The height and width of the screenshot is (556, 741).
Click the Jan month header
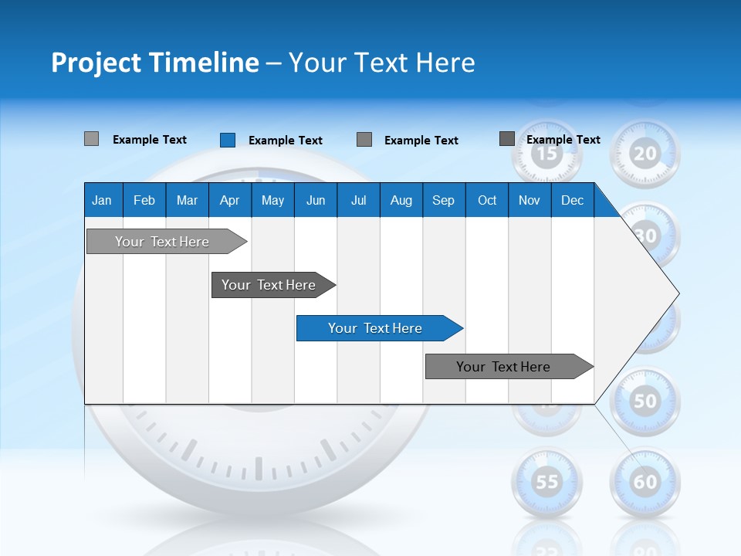point(102,200)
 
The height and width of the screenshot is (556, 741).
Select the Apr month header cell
point(229,200)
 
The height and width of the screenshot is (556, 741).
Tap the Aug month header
point(401,200)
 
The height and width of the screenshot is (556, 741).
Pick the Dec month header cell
point(572,200)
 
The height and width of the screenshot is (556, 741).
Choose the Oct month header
point(487,200)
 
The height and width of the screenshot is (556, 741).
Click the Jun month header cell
point(316,200)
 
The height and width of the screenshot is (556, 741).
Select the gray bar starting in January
point(162,242)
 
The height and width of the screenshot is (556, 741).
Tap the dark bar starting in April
point(269,285)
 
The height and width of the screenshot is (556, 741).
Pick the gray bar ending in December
point(503,367)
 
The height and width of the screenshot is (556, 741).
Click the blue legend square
point(228,140)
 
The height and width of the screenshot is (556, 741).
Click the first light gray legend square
point(91,139)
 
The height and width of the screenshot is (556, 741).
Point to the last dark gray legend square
point(507,139)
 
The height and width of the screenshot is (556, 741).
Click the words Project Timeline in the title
point(154,63)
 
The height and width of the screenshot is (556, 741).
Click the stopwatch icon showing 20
point(645,153)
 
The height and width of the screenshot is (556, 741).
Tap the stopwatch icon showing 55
point(547,482)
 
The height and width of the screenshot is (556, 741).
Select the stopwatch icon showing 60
point(645,482)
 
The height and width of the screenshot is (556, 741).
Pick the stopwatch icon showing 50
point(645,400)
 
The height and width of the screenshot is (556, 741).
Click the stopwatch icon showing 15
point(546,153)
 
